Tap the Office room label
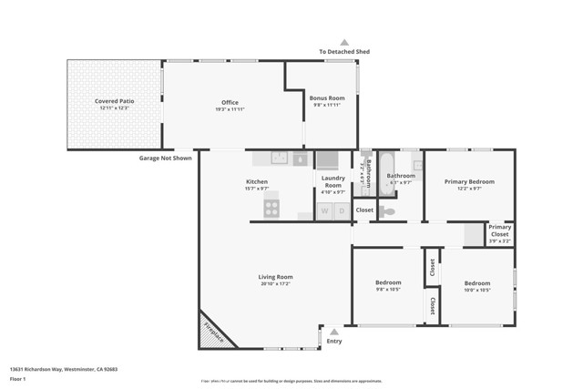[230, 102]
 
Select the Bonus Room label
[327, 97]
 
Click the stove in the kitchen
[271, 209]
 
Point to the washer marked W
[324, 211]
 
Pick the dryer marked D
[342, 211]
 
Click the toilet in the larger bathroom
[389, 211]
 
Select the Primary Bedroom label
[469, 181]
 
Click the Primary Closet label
[500, 230]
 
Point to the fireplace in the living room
[214, 329]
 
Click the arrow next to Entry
[334, 332]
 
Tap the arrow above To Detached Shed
[344, 42]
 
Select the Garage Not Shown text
[165, 158]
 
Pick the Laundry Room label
[333, 181]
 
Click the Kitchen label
[256, 181]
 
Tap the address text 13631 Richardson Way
[64, 369]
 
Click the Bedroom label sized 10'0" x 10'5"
[476, 282]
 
